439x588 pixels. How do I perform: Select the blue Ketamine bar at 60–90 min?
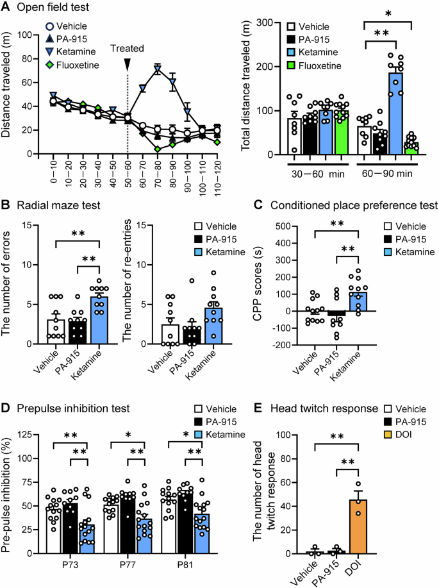[397, 115]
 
